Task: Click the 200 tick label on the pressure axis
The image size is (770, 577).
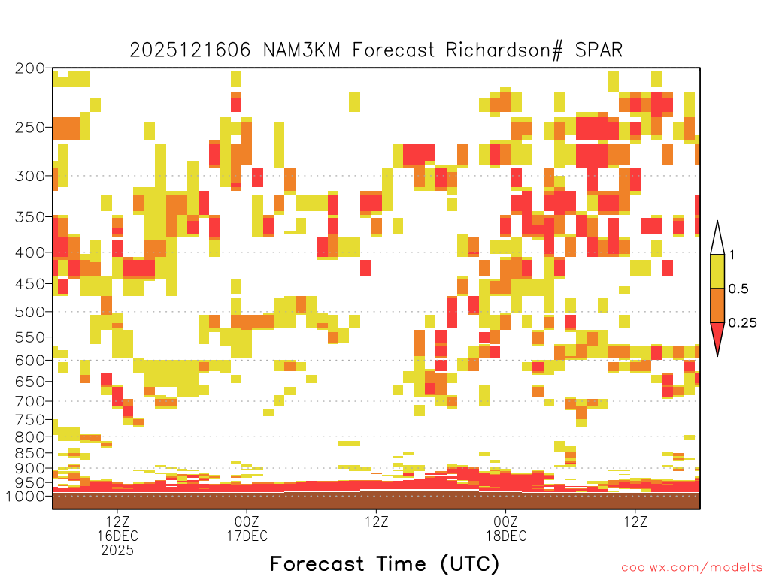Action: pos(29,68)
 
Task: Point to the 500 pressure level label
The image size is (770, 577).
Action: pos(29,312)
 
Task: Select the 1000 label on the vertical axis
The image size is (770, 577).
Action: pos(25,496)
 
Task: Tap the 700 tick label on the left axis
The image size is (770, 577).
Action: pos(29,401)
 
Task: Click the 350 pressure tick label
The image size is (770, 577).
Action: pos(29,217)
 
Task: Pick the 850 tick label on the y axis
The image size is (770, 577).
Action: pos(29,453)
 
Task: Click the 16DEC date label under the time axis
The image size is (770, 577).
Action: pos(117,536)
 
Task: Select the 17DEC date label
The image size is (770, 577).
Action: pos(247,536)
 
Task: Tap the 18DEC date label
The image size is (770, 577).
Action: pos(506,536)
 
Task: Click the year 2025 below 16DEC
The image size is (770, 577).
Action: pos(117,551)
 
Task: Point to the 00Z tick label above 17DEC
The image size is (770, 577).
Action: pos(247,521)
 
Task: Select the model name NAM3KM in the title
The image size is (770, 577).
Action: pos(302,50)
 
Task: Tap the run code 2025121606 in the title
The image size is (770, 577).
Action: pos(190,50)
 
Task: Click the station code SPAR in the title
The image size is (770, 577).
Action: pos(599,50)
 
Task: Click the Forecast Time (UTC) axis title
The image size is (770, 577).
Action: pos(384,564)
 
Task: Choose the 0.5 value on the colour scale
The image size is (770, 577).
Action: pos(738,288)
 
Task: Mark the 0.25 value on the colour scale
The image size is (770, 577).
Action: pos(742,322)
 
